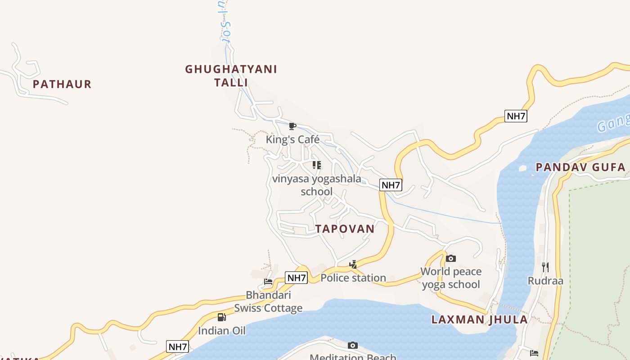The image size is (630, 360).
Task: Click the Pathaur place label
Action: tap(62, 84)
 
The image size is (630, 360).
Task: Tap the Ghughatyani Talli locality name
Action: tap(231, 76)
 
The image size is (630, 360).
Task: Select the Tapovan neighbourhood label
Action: tap(345, 229)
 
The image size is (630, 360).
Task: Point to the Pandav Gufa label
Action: tap(580, 167)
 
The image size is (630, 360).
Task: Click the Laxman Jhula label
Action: tap(479, 319)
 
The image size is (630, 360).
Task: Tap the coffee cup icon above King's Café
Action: tap(292, 126)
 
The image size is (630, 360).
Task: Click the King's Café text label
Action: tap(292, 139)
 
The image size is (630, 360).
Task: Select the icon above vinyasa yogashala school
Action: tap(317, 165)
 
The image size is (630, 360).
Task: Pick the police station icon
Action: tap(353, 265)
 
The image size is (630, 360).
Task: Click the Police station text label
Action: tap(353, 278)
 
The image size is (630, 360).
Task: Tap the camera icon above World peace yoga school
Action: tap(451, 258)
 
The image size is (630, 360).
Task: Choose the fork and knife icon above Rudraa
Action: tap(545, 267)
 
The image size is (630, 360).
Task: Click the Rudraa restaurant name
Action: tap(545, 281)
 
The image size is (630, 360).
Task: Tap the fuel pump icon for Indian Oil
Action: tap(221, 317)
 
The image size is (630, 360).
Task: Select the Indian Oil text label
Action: tap(222, 331)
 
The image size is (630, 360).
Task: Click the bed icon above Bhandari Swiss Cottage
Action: tap(268, 282)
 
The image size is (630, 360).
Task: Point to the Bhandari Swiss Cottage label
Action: tap(268, 301)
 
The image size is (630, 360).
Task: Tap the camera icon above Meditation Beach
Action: tap(353, 345)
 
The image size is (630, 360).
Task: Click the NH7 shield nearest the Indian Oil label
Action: tap(177, 346)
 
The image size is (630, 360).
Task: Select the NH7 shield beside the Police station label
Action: tap(297, 278)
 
